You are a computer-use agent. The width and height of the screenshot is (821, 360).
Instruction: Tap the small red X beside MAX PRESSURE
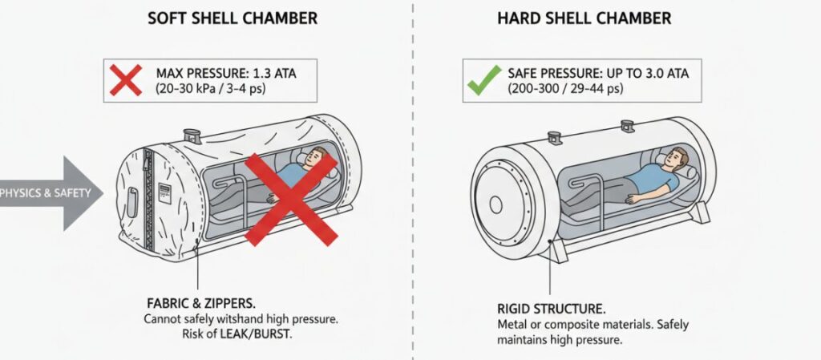(126, 80)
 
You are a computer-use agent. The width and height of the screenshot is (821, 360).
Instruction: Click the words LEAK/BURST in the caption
(261, 334)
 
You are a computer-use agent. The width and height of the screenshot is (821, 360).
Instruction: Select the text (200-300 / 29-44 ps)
(565, 89)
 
